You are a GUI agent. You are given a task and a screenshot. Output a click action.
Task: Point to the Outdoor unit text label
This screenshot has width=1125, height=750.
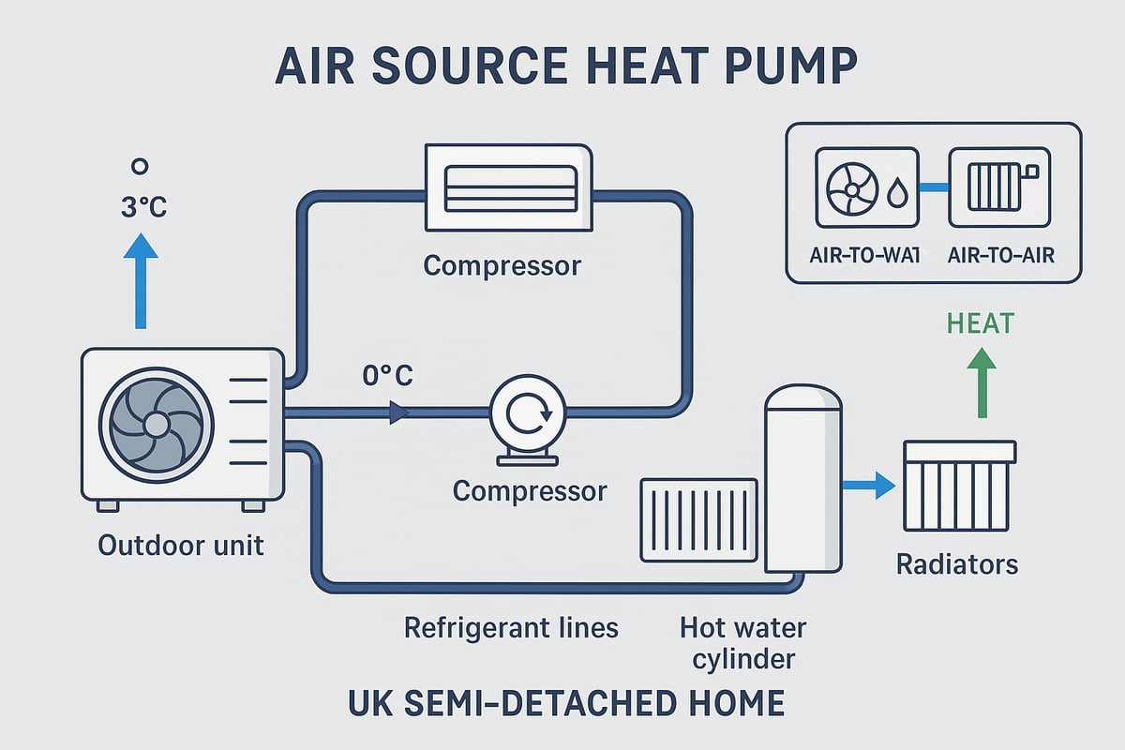[181, 544]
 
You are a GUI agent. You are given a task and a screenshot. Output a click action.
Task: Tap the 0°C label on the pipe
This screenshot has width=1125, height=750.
[387, 377]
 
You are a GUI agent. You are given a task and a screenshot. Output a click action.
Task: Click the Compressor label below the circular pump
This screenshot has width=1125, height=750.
[530, 490]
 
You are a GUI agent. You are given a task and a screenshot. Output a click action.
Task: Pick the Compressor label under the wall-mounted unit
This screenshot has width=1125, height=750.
[502, 265]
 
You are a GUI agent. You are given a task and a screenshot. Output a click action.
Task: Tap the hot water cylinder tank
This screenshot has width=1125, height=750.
[803, 478]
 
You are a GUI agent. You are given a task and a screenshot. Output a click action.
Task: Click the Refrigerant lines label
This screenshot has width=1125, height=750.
[511, 627]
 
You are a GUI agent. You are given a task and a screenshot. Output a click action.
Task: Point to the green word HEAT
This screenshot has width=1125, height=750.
[981, 324]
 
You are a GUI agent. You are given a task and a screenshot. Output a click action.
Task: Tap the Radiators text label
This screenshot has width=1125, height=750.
[957, 564]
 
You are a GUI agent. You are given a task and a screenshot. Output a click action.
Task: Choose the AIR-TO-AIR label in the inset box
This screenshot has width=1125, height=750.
[1001, 255]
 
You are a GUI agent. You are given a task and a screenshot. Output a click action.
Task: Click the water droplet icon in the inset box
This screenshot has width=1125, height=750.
[897, 194]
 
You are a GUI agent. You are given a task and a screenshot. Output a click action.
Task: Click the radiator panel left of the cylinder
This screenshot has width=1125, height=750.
[698, 519]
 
